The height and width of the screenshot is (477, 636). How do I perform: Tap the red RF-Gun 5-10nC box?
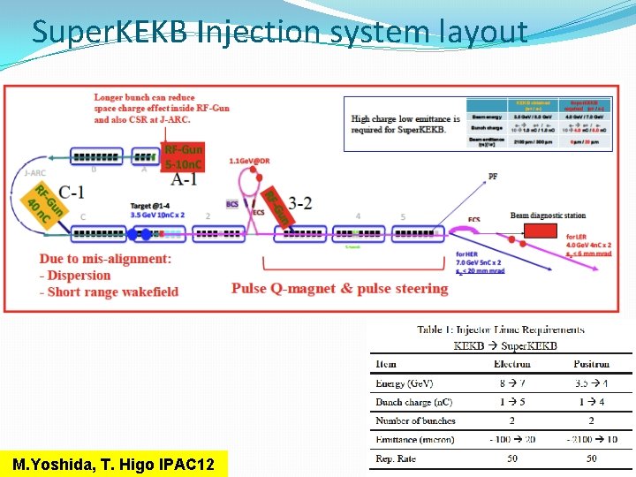(x=184, y=157)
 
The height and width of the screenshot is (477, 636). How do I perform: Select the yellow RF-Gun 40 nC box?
(x=46, y=203)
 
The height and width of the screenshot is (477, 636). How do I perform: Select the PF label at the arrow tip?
(x=492, y=177)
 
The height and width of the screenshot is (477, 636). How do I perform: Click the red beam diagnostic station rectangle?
(x=540, y=231)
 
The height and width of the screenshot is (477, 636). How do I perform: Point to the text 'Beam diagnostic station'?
(x=548, y=216)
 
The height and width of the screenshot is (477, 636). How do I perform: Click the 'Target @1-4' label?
(x=149, y=204)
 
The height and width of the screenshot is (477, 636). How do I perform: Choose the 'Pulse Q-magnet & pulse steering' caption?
(x=340, y=289)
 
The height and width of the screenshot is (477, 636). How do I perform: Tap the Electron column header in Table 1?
(x=511, y=364)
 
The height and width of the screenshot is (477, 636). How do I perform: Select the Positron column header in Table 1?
(x=592, y=364)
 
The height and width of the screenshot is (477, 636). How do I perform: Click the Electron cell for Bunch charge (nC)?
(x=511, y=402)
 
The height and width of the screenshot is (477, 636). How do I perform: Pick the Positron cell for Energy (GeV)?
(x=592, y=383)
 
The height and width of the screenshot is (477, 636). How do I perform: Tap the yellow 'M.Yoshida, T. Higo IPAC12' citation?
(x=113, y=464)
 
